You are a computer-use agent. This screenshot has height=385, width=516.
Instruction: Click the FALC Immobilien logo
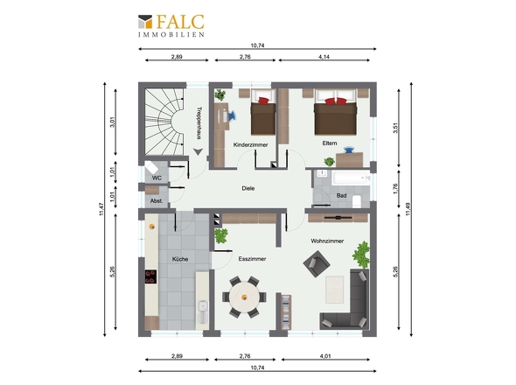click(171, 25)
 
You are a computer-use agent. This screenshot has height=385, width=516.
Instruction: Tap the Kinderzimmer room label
click(250, 144)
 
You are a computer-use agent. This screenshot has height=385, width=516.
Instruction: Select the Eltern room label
click(330, 143)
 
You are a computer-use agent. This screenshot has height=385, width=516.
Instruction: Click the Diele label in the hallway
click(248, 188)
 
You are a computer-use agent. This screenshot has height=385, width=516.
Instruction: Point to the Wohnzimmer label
click(327, 241)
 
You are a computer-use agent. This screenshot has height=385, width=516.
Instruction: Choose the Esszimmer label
click(252, 259)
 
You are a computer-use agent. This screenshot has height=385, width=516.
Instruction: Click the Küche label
click(180, 259)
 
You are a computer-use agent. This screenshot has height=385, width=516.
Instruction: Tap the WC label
click(157, 178)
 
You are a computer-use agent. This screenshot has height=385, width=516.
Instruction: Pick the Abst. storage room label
click(157, 200)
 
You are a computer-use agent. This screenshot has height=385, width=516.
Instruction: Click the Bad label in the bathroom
click(341, 196)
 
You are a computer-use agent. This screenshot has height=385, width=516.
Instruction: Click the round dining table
click(244, 297)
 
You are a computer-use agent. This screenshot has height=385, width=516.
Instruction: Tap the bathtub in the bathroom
click(351, 178)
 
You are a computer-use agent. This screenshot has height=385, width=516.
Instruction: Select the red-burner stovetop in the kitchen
click(150, 276)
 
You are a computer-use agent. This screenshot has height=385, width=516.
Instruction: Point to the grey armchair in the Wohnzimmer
click(317, 263)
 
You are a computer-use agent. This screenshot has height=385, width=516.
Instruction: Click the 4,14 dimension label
click(324, 57)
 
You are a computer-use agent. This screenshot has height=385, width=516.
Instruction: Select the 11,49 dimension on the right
click(408, 209)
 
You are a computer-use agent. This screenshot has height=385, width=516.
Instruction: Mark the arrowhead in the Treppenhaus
click(198, 151)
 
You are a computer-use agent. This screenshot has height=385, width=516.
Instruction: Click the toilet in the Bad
click(357, 201)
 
